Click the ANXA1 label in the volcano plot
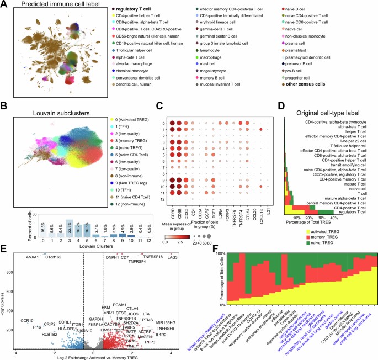[33, 241]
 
